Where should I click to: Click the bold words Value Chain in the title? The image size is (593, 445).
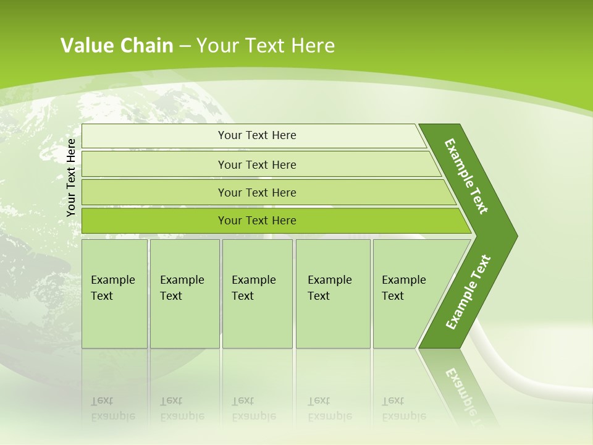tap(117, 45)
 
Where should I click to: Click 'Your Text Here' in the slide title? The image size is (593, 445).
tap(266, 45)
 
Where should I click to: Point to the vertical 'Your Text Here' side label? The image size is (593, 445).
tap(71, 177)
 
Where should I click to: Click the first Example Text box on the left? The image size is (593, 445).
tap(114, 294)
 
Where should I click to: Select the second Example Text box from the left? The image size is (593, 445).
tap(184, 294)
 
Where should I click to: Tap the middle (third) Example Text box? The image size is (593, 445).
tap(257, 294)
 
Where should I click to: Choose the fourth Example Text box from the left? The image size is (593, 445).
tap(333, 294)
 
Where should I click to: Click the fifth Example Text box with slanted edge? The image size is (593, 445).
tap(408, 294)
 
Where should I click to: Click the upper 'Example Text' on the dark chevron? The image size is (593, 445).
tap(466, 176)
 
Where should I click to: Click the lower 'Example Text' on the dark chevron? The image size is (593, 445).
tap(468, 292)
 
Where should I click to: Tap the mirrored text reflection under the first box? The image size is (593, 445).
tap(113, 409)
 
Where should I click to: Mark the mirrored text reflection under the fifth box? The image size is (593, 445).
tap(404, 409)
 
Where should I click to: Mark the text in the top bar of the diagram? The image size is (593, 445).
tap(257, 135)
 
